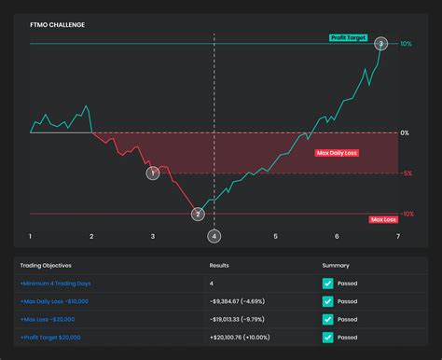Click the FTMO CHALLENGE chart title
tap(58, 24)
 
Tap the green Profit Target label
tap(350, 38)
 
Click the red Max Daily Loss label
tap(337, 152)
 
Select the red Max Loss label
tap(383, 219)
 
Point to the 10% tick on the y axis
tap(406, 44)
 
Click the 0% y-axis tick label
tap(406, 132)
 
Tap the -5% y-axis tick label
tap(407, 173)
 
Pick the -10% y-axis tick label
tap(407, 214)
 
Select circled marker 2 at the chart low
tap(198, 215)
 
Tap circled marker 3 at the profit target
tap(380, 44)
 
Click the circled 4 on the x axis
tap(214, 237)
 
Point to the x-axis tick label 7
tap(398, 237)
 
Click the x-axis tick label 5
tap(276, 237)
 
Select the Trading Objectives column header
tap(46, 265)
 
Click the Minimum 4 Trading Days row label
tap(55, 283)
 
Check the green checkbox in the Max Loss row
tap(327, 319)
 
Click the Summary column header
tap(335, 265)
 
